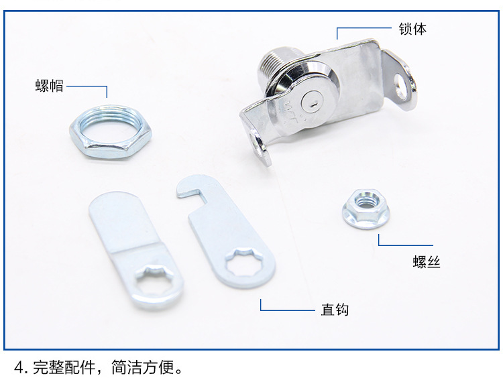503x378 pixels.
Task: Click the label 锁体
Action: [412, 29]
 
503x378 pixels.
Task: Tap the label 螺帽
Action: [50, 86]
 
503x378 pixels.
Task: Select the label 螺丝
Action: [427, 262]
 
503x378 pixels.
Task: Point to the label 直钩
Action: [335, 310]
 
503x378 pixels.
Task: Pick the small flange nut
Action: [366, 208]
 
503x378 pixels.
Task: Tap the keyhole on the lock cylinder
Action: [314, 104]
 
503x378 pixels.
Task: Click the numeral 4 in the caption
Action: [19, 367]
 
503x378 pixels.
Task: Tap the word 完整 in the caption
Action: [48, 367]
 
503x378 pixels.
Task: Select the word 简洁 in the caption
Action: [127, 367]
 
